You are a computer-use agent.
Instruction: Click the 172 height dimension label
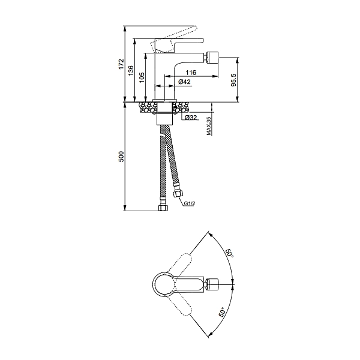(121, 64)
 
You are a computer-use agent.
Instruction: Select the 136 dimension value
(131, 71)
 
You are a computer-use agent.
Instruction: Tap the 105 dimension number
(142, 77)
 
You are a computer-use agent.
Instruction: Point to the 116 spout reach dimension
(191, 73)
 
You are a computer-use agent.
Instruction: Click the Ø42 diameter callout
(184, 82)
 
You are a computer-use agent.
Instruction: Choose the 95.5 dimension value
(233, 80)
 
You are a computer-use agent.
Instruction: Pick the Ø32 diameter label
(191, 118)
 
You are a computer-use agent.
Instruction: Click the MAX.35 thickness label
(208, 126)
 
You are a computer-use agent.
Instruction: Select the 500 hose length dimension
(121, 157)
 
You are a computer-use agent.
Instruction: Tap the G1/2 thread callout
(190, 203)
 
